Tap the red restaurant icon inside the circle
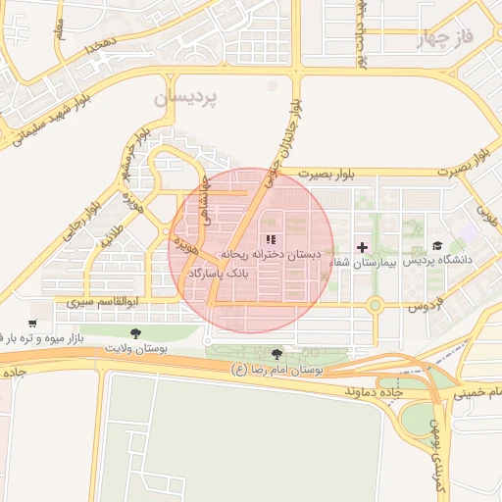point(271,238)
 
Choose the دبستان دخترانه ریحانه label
point(276,254)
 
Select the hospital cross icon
point(363,246)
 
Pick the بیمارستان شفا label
point(362,262)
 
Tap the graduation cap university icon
point(437,246)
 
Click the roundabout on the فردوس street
point(375,306)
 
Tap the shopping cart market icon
point(32,324)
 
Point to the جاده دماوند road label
point(374,391)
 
